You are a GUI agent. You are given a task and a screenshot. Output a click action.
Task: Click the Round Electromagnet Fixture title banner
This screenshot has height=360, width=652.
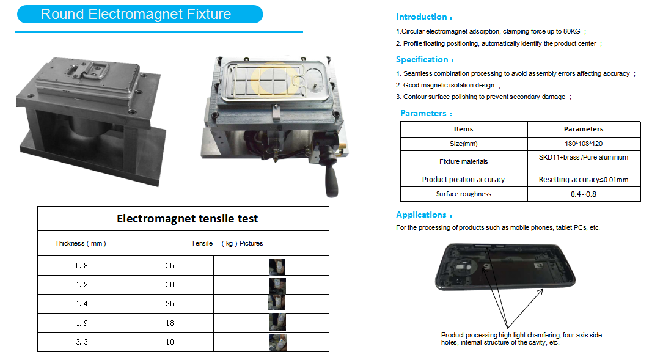point(140,14)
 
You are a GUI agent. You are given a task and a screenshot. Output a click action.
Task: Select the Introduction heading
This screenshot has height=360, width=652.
point(423,17)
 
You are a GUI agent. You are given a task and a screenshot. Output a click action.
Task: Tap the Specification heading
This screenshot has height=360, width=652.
point(425,59)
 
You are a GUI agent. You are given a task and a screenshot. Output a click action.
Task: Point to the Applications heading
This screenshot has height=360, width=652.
point(423,215)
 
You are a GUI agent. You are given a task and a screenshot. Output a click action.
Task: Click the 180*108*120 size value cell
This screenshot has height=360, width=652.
point(584,144)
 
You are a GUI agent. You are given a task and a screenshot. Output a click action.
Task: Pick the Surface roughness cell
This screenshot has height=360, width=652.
point(464,194)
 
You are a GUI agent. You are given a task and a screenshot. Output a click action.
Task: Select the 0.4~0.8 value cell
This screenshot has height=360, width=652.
point(584,194)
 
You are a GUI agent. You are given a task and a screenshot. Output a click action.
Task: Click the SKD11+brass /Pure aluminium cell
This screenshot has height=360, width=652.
point(584,161)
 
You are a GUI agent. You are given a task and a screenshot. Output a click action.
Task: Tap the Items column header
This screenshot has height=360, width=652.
point(464,130)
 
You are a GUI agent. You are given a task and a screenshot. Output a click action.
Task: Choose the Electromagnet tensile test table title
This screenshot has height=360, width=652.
point(187,219)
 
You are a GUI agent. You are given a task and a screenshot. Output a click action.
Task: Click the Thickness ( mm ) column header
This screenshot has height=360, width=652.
point(81,243)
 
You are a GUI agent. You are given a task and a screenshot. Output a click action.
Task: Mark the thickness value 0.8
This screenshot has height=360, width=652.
point(82,266)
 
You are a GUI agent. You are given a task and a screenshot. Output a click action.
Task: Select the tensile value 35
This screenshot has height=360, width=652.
point(170,266)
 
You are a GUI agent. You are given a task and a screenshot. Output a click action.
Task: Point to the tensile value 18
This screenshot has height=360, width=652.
point(170,323)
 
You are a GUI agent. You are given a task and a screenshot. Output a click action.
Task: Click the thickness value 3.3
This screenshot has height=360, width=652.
point(82,342)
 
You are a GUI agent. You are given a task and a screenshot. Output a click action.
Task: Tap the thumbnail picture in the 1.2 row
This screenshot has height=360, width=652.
point(277,286)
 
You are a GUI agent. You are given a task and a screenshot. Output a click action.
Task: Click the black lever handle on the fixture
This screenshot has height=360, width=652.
point(331,176)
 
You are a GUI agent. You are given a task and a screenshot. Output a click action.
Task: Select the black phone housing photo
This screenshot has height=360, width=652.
point(505,267)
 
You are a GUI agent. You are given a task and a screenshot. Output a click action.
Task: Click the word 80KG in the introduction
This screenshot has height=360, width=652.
point(571,31)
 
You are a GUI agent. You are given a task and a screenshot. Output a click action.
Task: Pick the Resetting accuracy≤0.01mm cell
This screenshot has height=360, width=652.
point(584,180)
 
